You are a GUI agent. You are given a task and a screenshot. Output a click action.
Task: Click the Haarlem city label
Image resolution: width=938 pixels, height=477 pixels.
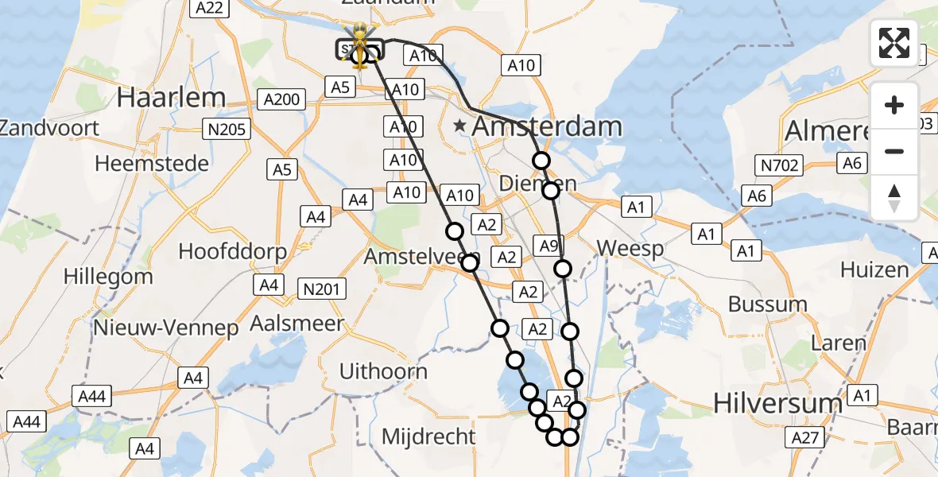coord(171,98)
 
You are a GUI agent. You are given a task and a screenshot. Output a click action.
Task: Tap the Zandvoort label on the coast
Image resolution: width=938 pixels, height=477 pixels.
coord(49,128)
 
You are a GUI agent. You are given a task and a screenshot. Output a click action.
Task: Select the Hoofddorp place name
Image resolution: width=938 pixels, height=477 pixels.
coord(232,251)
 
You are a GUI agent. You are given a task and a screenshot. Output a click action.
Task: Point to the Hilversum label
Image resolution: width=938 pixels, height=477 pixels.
coord(777,403)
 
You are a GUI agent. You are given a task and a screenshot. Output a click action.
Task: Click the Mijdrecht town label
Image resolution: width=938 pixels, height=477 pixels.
coord(428,436)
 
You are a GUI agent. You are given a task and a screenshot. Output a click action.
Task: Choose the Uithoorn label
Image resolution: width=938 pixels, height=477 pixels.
coord(383,371)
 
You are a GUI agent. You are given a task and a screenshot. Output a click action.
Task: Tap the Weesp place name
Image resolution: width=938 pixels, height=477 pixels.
coord(630,249)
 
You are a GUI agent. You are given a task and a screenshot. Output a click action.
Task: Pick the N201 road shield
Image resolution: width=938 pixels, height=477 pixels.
coord(324,289)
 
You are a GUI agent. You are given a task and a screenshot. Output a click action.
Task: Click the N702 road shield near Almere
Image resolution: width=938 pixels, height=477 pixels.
coord(780,165)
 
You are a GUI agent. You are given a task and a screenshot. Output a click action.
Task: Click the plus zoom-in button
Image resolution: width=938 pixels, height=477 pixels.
coord(894,106)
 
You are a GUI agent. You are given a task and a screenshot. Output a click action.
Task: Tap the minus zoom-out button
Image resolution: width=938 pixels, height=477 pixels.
coord(894,151)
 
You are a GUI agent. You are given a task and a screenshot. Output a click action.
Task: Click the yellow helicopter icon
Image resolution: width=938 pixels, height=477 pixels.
coord(360,43)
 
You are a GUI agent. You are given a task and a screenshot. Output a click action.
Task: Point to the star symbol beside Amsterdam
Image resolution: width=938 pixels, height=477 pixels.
coord(460,126)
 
